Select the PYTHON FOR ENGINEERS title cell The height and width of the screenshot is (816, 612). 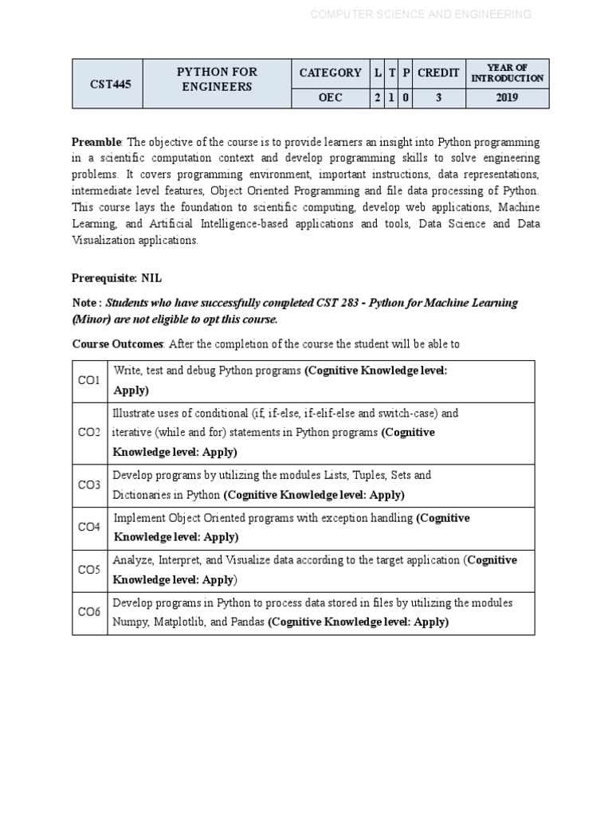[x=217, y=79]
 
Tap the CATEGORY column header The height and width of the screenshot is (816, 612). [x=330, y=73]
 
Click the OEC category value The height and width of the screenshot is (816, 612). [x=330, y=98]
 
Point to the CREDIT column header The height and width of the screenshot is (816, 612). [x=438, y=73]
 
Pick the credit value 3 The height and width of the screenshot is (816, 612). [x=438, y=98]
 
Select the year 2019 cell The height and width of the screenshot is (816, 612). [x=507, y=98]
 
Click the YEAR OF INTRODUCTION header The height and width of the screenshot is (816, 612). [x=507, y=73]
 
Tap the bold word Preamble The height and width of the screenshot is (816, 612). [x=96, y=142]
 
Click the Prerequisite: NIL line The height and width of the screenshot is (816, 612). [x=116, y=278]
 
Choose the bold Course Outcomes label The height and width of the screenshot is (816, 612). [x=118, y=343]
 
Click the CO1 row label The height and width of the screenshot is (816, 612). [x=89, y=381]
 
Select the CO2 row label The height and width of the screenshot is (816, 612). [x=89, y=433]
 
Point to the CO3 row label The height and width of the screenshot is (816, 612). [x=89, y=485]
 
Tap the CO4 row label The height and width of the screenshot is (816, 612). [x=89, y=528]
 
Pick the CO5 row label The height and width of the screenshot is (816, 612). [x=89, y=570]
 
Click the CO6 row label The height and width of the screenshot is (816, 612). [x=89, y=612]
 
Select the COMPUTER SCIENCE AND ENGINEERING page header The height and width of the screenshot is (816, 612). [x=420, y=14]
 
